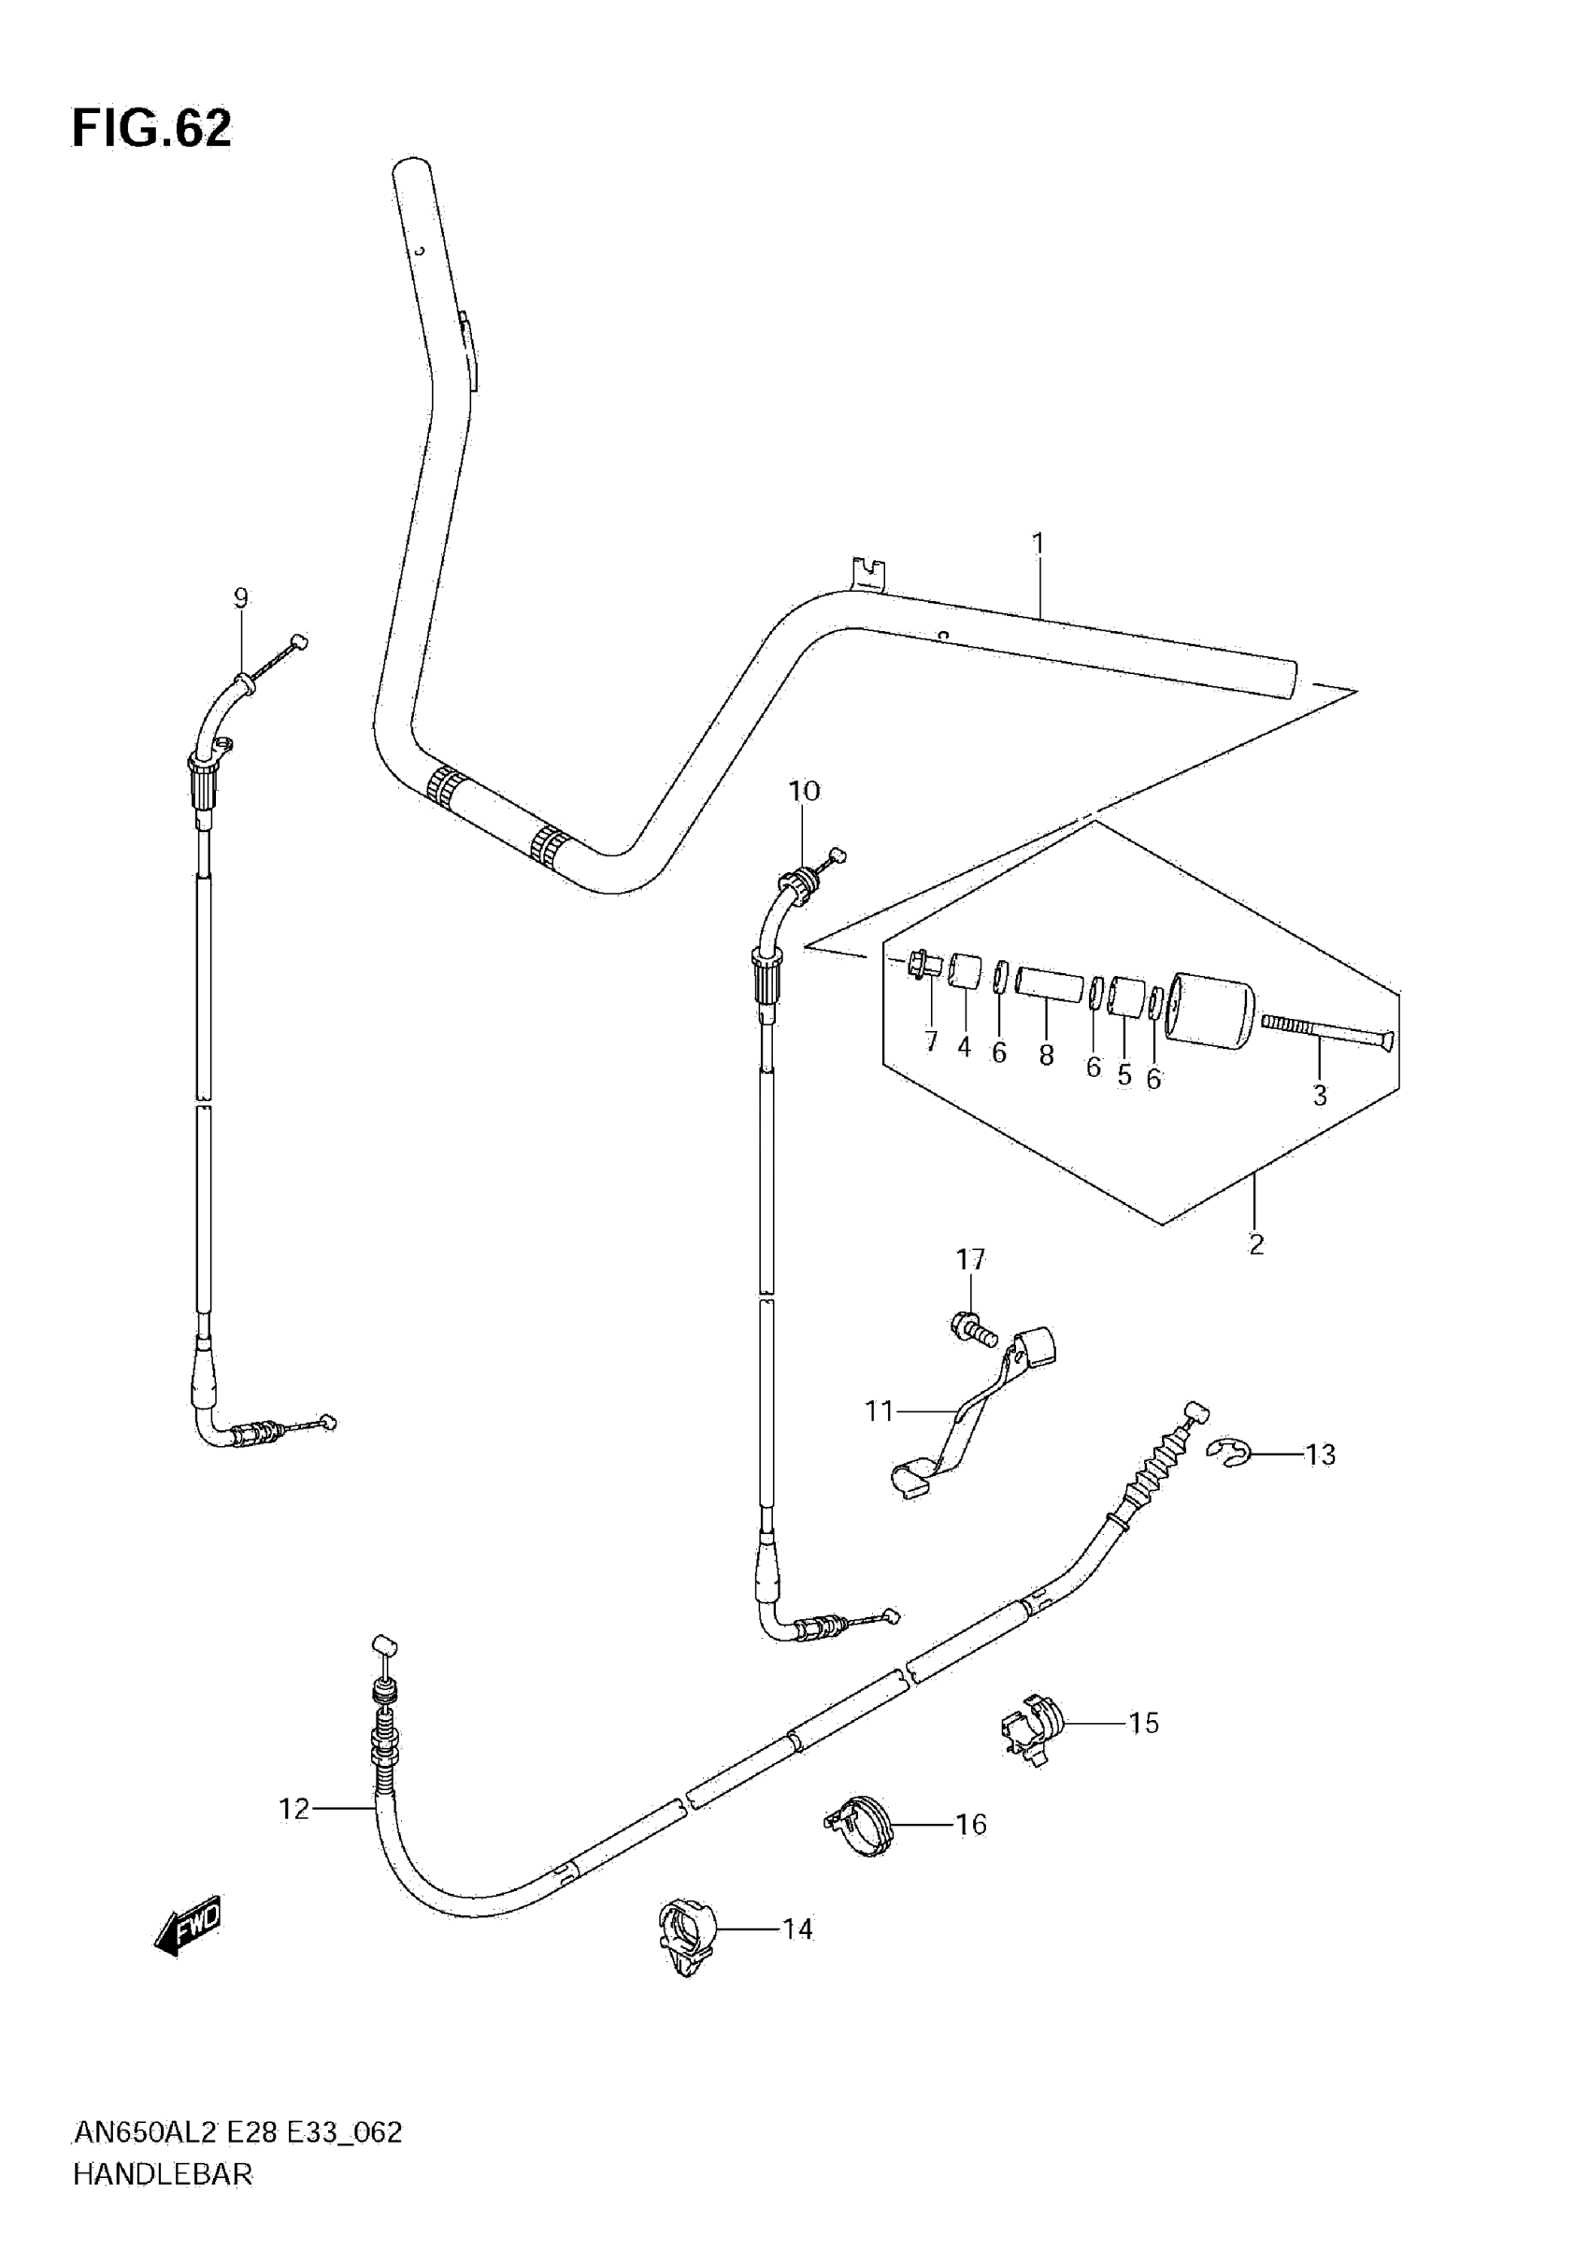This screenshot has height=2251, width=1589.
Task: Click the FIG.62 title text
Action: [x=152, y=128]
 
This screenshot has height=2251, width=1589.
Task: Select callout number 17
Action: [x=969, y=1260]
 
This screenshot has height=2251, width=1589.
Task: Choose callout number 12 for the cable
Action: [x=294, y=1809]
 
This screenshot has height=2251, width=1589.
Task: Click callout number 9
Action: [x=241, y=598]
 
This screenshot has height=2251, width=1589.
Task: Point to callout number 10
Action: [x=804, y=791]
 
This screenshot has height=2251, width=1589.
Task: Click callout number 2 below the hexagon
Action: [x=1255, y=1244]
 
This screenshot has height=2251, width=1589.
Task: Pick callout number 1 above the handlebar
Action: [x=1038, y=544]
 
